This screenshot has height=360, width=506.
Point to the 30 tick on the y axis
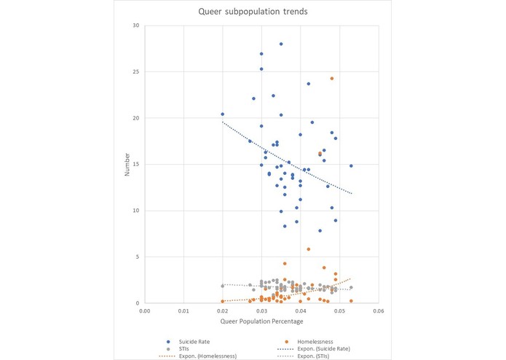[x=135, y=26]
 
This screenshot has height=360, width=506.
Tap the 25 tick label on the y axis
[x=135, y=71]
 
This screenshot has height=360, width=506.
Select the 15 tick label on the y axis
[x=135, y=164]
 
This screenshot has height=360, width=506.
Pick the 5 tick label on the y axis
[x=137, y=257]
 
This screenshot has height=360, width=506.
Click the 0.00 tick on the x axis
[x=144, y=310]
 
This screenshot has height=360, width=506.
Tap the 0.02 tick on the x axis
[x=222, y=310]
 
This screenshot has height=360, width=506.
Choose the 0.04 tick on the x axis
[x=300, y=310]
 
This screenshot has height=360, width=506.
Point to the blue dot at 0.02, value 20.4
[x=222, y=114]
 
